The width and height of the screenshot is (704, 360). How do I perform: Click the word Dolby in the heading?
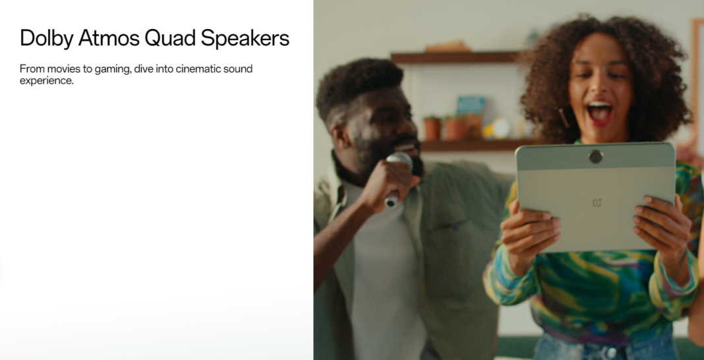[46, 38]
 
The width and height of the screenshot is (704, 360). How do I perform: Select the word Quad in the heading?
[169, 38]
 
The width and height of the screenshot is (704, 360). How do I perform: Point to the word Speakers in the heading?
[245, 38]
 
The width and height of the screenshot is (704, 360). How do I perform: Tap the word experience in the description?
[46, 81]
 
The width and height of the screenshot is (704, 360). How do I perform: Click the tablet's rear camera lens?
[595, 157]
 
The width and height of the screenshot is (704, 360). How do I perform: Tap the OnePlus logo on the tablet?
[597, 203]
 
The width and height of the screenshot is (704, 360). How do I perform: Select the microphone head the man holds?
[399, 160]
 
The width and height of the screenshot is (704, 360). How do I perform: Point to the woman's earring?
[563, 117]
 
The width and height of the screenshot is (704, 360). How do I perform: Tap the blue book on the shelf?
[471, 106]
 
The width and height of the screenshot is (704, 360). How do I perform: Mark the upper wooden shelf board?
[455, 57]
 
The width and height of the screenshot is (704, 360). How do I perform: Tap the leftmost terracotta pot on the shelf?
[432, 129]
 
